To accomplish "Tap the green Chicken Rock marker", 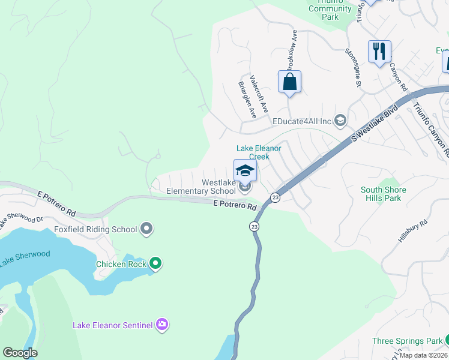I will coord(155,263).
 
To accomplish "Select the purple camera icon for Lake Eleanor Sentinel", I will coord(162,325).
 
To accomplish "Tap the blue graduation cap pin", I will coord(245,172).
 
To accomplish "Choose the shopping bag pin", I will coord(289,82).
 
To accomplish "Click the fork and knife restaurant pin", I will coord(379,52).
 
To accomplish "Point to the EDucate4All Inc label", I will coord(302,121).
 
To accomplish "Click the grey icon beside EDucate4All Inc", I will coord(340,121).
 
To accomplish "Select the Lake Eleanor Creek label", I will coord(259,152).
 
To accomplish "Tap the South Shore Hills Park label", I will coord(383,194).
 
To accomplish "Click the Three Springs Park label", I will coord(407,341).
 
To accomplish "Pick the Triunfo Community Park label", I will coord(330,9).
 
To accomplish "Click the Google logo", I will coord(20,353).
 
